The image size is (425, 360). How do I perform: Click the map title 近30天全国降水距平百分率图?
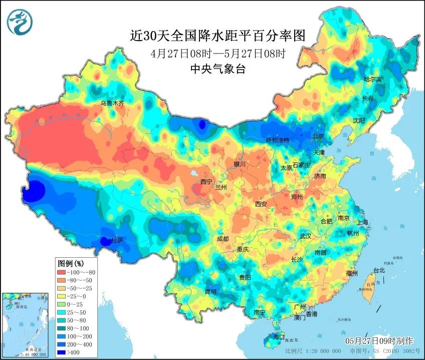coord(218,36)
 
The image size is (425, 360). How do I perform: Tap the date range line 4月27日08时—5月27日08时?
coord(218,53)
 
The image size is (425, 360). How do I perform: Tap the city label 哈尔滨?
coord(372,79)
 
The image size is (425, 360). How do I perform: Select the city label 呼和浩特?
coord(277,140)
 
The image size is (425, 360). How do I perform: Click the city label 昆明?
coord(210,291)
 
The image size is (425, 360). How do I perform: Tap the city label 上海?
coord(362,222)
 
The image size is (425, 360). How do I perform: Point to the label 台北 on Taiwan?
coord(379,270)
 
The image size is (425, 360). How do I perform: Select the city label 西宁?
coord(206,181)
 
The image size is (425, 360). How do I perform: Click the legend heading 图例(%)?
coord(71,263)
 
